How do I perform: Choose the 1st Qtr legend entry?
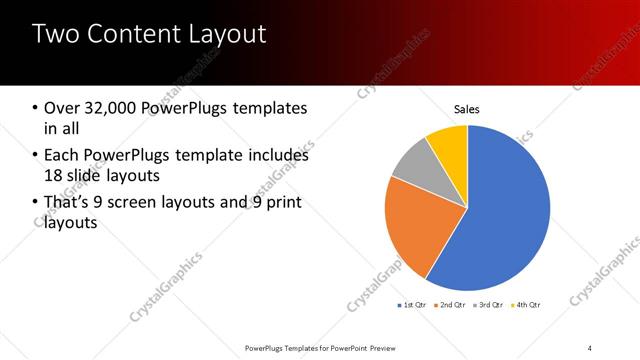coord(414,304)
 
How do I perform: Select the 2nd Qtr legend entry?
coord(454,304)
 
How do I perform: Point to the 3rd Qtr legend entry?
coord(491,304)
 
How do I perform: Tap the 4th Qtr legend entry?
coord(528,304)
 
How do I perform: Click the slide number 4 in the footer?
coord(590,347)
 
